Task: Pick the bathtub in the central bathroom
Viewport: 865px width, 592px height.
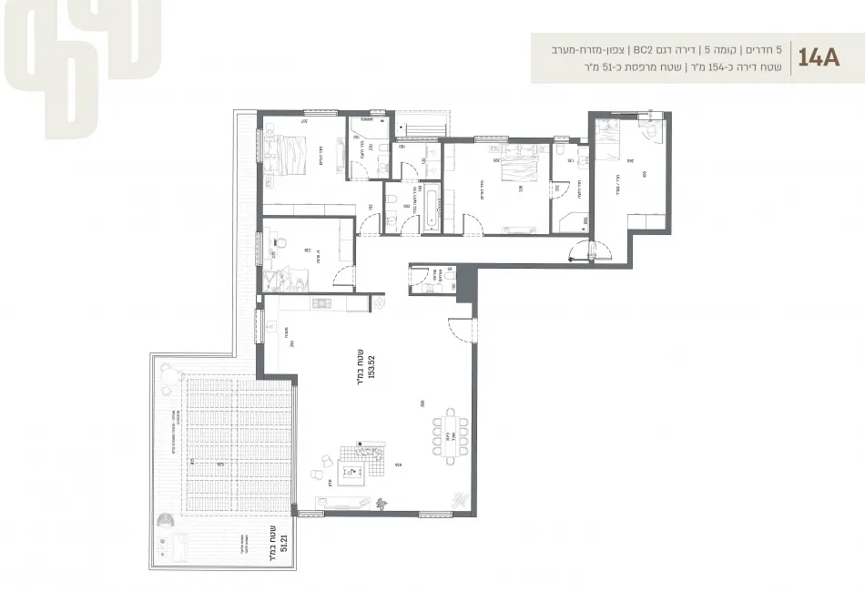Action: (x=430, y=208)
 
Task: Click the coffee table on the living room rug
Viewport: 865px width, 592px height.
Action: (x=352, y=472)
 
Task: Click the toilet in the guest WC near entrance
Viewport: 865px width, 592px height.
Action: (x=426, y=288)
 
